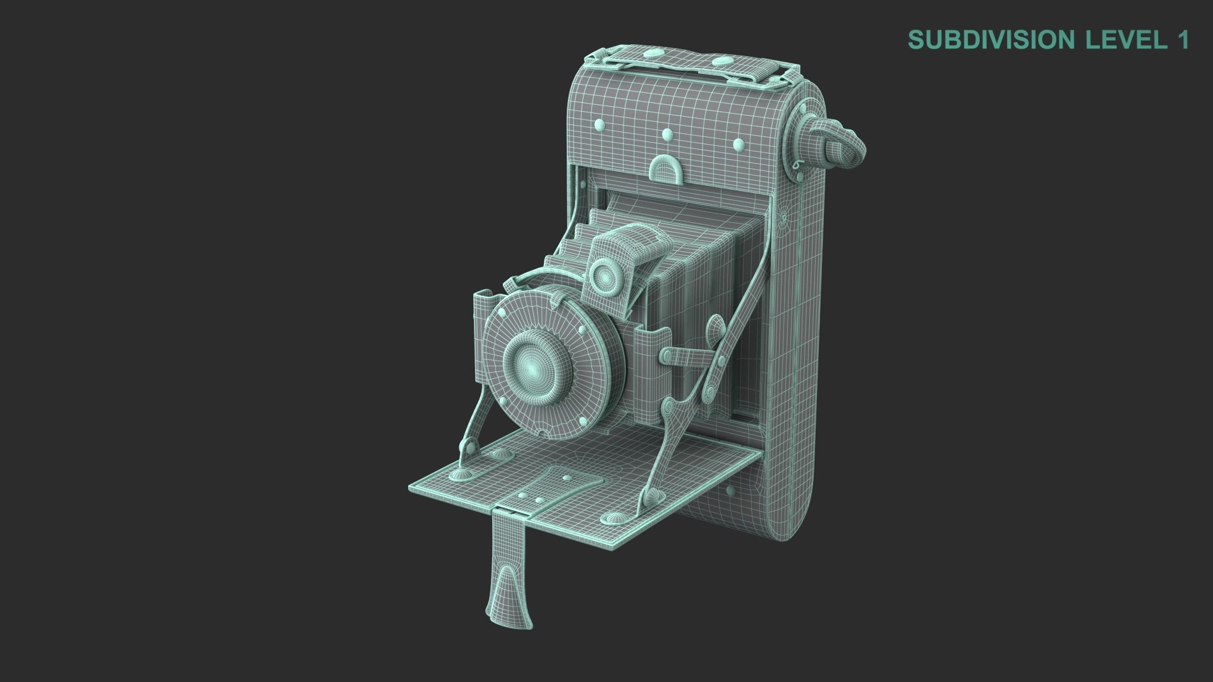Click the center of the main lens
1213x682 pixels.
pyautogui.click(x=534, y=366)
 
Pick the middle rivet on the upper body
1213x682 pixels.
pyautogui.click(x=667, y=135)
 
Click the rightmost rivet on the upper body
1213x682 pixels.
pyautogui.click(x=738, y=145)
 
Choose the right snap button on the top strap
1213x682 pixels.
pyautogui.click(x=720, y=61)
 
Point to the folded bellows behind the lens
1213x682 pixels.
pyautogui.click(x=695, y=265)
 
